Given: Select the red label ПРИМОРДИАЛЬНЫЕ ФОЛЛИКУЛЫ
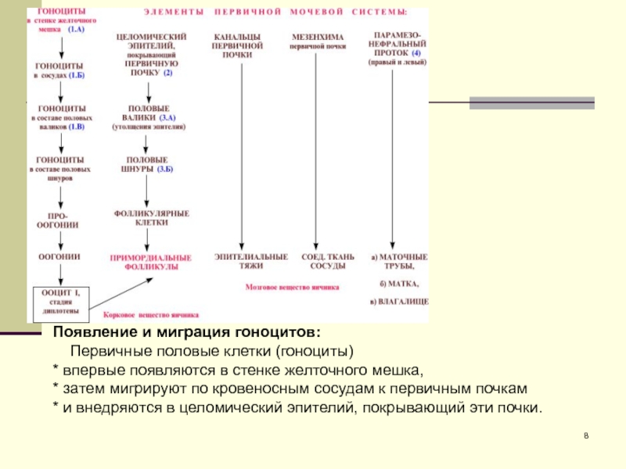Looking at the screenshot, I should point(151,262).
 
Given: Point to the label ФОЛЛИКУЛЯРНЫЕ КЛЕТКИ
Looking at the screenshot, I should point(152,217).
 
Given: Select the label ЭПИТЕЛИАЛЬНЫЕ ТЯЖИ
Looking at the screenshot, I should point(241,261).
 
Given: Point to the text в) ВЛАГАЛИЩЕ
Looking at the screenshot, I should point(399,301).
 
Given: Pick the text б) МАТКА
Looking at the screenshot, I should point(398,283).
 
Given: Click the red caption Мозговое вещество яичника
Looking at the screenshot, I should point(293,288).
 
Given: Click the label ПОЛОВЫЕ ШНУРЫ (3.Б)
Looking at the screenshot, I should point(144,164).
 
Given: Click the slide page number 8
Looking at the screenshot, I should point(585,435).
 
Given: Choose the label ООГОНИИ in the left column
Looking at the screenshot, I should point(59,255).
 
